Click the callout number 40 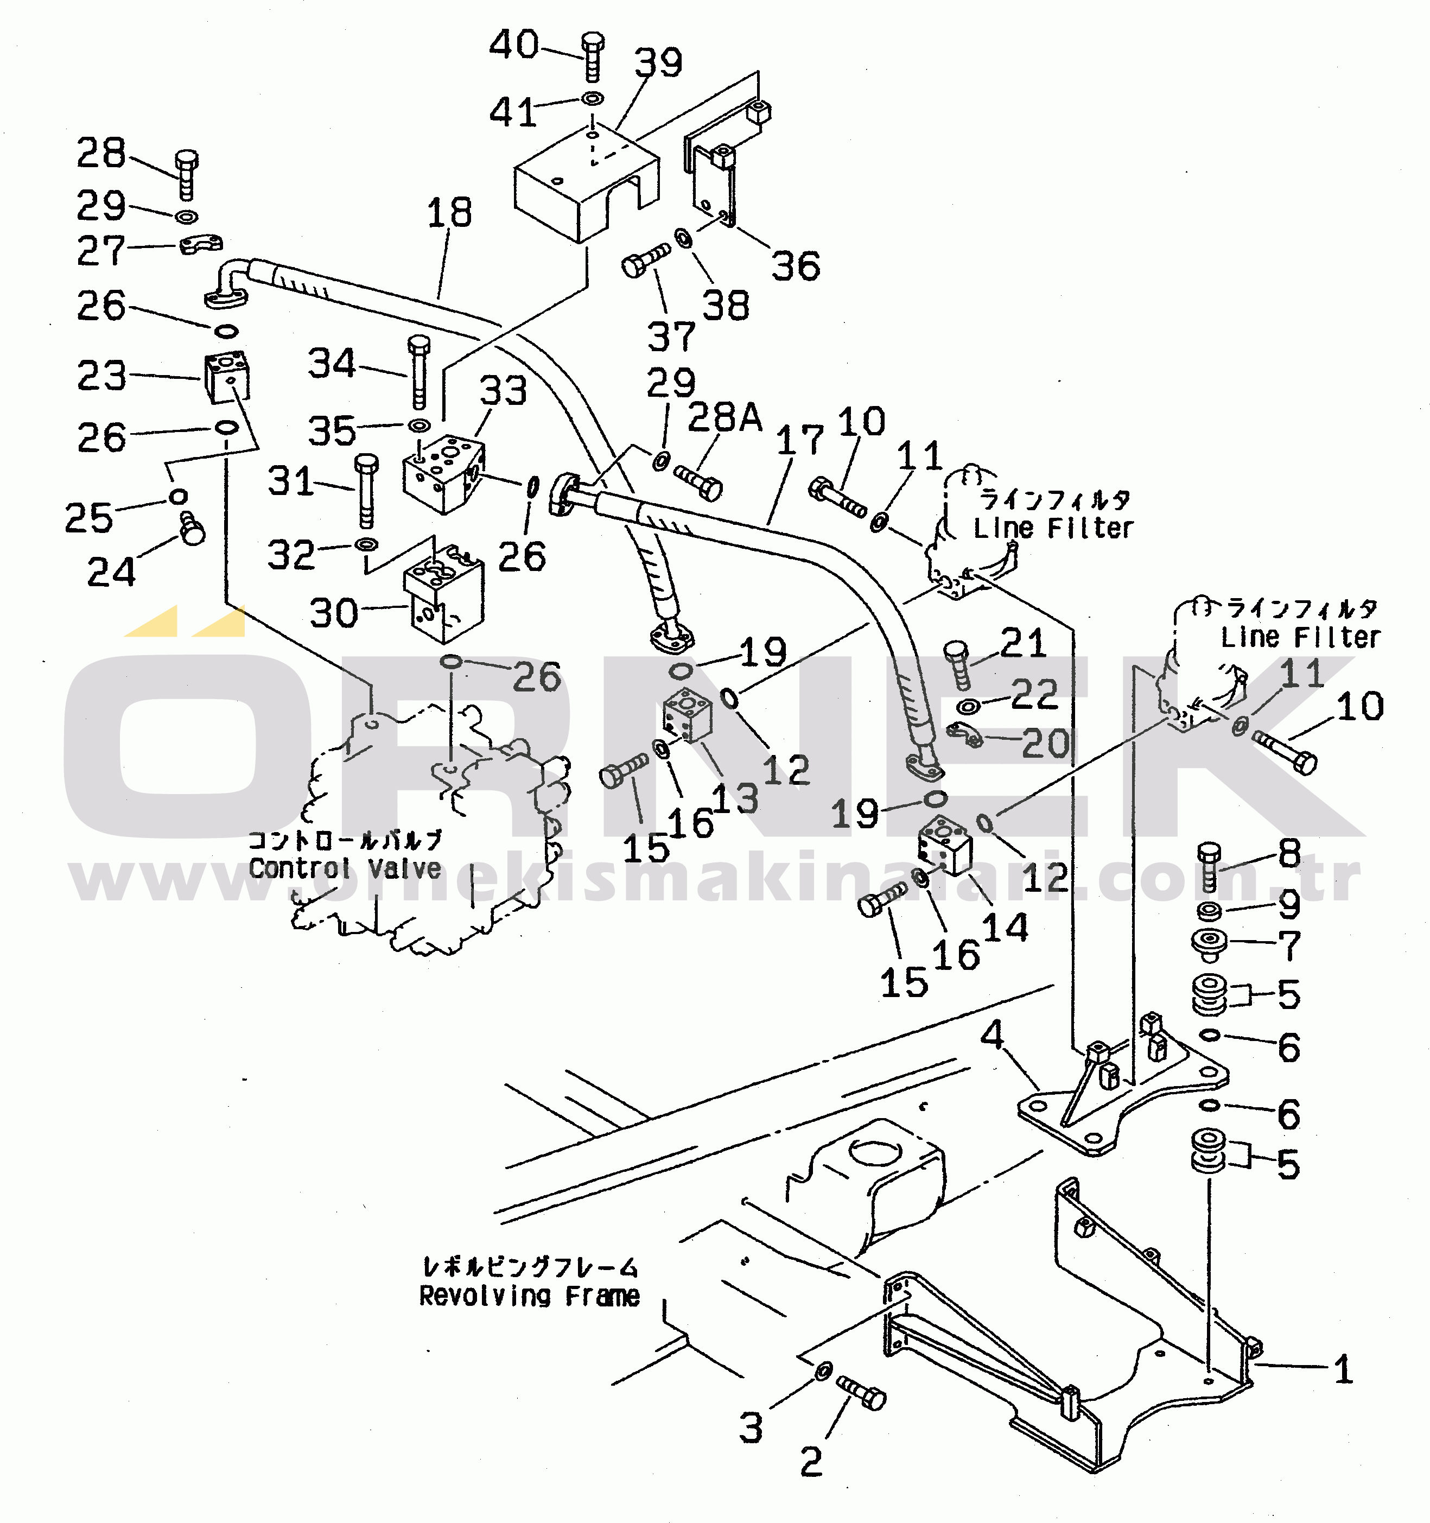point(514,45)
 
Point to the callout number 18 point(449,212)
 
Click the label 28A point(724,417)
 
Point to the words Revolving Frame point(529,1296)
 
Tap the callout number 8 point(1290,853)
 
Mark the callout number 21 point(1024,643)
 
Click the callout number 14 point(1005,927)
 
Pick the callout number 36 point(796,266)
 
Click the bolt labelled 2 point(862,1393)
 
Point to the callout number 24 point(111,572)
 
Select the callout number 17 point(799,441)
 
